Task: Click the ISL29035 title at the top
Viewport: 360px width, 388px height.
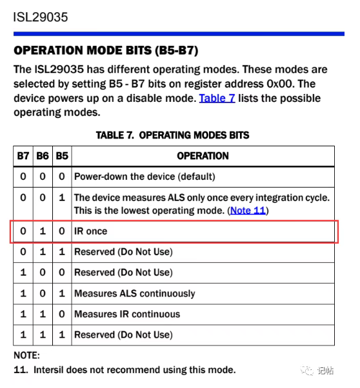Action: (x=41, y=17)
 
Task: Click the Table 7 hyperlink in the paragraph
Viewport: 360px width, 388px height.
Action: (x=217, y=98)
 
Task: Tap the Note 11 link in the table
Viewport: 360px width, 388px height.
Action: (x=248, y=211)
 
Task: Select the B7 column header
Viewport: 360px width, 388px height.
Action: (x=23, y=156)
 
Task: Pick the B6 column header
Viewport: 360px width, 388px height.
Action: (x=43, y=156)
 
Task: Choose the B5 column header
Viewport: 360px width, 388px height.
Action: (x=62, y=156)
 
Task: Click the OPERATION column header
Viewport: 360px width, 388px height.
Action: (x=203, y=156)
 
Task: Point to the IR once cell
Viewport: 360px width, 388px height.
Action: (x=91, y=231)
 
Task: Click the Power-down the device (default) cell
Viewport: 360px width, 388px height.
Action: (x=145, y=177)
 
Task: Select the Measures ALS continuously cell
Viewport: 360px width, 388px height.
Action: (x=135, y=293)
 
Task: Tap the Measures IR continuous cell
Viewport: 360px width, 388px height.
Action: (x=127, y=314)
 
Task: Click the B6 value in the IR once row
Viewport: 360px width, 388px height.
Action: (x=43, y=231)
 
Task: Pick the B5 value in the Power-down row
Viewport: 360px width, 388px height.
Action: (x=62, y=177)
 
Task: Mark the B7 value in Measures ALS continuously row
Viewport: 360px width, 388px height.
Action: (x=23, y=293)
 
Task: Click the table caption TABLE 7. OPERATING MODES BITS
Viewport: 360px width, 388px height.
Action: (x=172, y=135)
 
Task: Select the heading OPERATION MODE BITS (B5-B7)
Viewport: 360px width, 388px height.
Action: (x=106, y=50)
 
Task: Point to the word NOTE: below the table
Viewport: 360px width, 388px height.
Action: (x=26, y=355)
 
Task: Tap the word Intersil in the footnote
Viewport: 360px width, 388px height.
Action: (x=49, y=370)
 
